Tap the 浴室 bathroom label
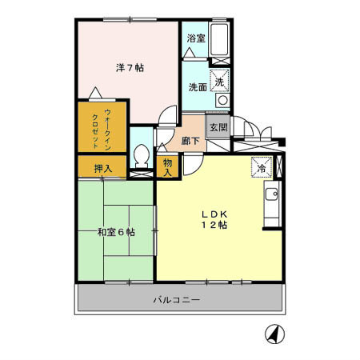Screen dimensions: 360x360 (195, 38)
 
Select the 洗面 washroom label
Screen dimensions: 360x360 (198, 86)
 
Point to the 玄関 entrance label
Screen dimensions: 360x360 (218, 126)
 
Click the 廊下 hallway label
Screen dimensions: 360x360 (190, 140)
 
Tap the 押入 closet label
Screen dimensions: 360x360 (102, 168)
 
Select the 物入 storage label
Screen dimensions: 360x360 (168, 166)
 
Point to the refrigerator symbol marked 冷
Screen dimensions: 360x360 (261, 168)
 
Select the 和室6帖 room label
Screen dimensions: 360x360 (116, 232)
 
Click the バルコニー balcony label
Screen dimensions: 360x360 (178, 300)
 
